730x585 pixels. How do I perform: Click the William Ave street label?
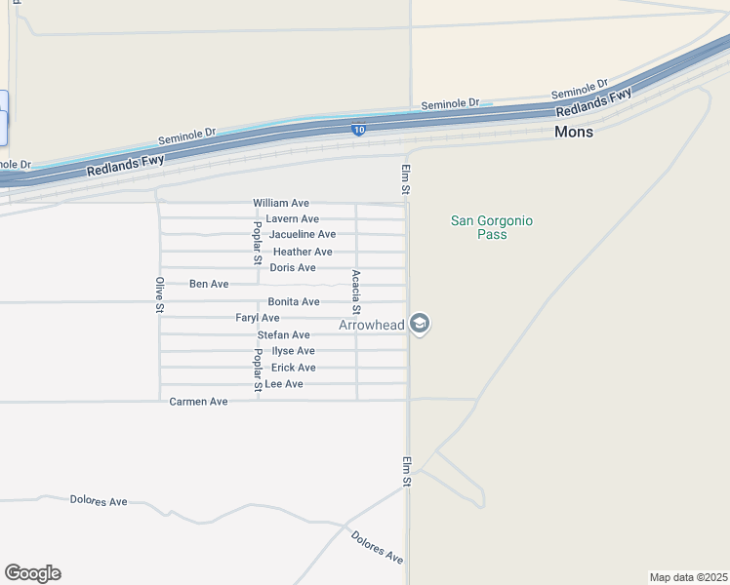tap(281, 203)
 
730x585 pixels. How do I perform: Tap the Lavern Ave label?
tap(293, 218)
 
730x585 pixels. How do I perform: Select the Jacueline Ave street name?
tap(303, 235)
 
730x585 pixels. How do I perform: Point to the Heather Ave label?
tap(303, 252)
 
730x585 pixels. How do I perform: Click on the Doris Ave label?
tap(293, 267)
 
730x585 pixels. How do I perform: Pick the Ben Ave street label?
tap(209, 284)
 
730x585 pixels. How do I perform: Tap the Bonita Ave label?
tap(294, 302)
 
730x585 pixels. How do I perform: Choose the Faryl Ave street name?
tap(258, 318)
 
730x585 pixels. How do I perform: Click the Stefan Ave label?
tap(284, 334)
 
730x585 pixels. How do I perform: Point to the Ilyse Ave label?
tap(293, 351)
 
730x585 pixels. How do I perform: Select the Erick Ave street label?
tap(293, 368)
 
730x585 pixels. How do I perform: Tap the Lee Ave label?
tap(284, 384)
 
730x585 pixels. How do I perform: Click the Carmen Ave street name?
tap(198, 401)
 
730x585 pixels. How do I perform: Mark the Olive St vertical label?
tap(159, 294)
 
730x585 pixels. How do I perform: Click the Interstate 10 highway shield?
tap(359, 130)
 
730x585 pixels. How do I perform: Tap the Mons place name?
tap(574, 132)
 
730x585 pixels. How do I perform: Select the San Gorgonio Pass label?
tap(492, 227)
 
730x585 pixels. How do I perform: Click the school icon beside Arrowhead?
tap(420, 324)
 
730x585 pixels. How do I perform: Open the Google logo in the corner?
tap(32, 573)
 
